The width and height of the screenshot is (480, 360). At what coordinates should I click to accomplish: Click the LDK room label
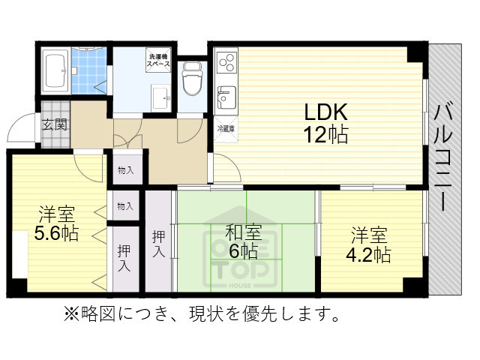pos(325,113)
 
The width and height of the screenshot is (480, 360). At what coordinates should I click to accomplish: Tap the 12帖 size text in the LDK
pos(325,136)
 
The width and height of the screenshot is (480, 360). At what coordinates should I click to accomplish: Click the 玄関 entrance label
pos(54,124)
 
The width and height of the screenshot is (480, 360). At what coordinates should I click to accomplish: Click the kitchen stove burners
pos(226,61)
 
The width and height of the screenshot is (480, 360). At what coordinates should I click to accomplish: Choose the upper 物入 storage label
pos(126,170)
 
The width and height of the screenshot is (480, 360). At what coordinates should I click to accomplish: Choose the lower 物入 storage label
pos(126,205)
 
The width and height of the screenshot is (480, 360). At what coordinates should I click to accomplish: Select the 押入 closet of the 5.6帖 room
pos(124,257)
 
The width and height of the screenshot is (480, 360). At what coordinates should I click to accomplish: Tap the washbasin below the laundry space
pos(160,95)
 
